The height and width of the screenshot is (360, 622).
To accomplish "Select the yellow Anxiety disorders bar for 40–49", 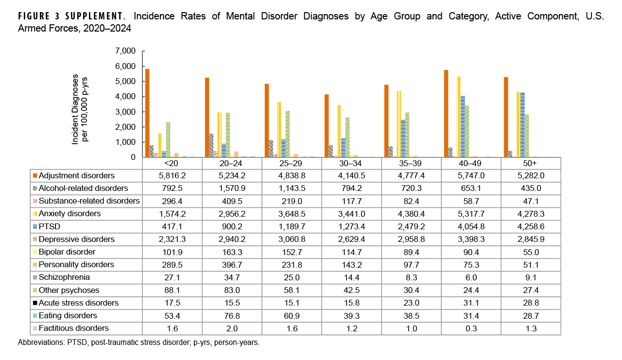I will point(458,117).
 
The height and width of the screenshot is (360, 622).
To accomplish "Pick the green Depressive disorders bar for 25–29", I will point(288,134).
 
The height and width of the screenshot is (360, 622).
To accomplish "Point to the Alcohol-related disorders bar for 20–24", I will point(210,145).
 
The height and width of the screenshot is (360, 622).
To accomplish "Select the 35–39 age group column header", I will point(412,163).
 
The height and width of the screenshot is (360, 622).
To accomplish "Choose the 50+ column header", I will point(531,163).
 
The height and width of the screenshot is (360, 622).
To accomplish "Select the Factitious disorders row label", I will point(73,328).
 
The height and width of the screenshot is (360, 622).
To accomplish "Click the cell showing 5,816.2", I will point(173,176).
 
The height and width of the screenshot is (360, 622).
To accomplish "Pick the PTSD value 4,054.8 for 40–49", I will point(471,226).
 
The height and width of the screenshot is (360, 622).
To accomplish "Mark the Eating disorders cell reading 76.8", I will point(232,315).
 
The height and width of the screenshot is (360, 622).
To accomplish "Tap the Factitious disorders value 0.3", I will point(471,328).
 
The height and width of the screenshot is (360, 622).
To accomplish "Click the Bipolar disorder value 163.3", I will point(232,252).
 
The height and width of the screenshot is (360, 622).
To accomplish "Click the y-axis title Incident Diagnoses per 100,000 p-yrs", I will point(80,109).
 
